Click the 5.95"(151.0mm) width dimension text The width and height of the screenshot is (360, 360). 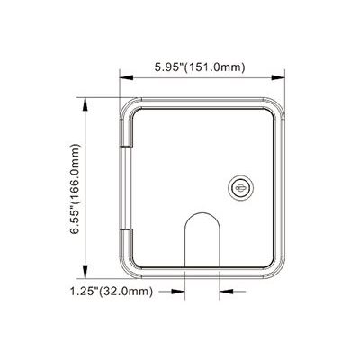[x=201, y=67]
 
